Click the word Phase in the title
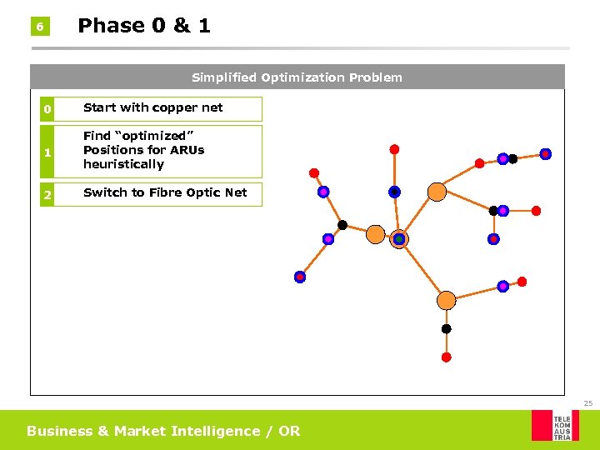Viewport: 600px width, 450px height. (111, 26)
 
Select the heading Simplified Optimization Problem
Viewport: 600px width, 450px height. (297, 77)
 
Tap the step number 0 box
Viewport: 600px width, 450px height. (47, 109)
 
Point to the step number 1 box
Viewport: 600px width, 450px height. (47, 152)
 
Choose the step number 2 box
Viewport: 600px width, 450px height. (47, 194)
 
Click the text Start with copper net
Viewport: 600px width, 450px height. (153, 107)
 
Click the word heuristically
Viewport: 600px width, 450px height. (123, 164)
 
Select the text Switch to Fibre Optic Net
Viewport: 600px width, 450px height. (165, 192)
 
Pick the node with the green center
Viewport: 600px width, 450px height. (399, 239)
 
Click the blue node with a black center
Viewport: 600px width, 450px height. (394, 192)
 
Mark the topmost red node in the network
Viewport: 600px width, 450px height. (394, 150)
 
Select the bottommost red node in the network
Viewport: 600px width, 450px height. (446, 357)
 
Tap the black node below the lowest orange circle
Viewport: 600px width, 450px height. (446, 329)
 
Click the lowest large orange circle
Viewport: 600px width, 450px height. (447, 300)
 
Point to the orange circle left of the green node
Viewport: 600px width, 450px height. (376, 234)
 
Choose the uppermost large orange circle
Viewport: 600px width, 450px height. (437, 192)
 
